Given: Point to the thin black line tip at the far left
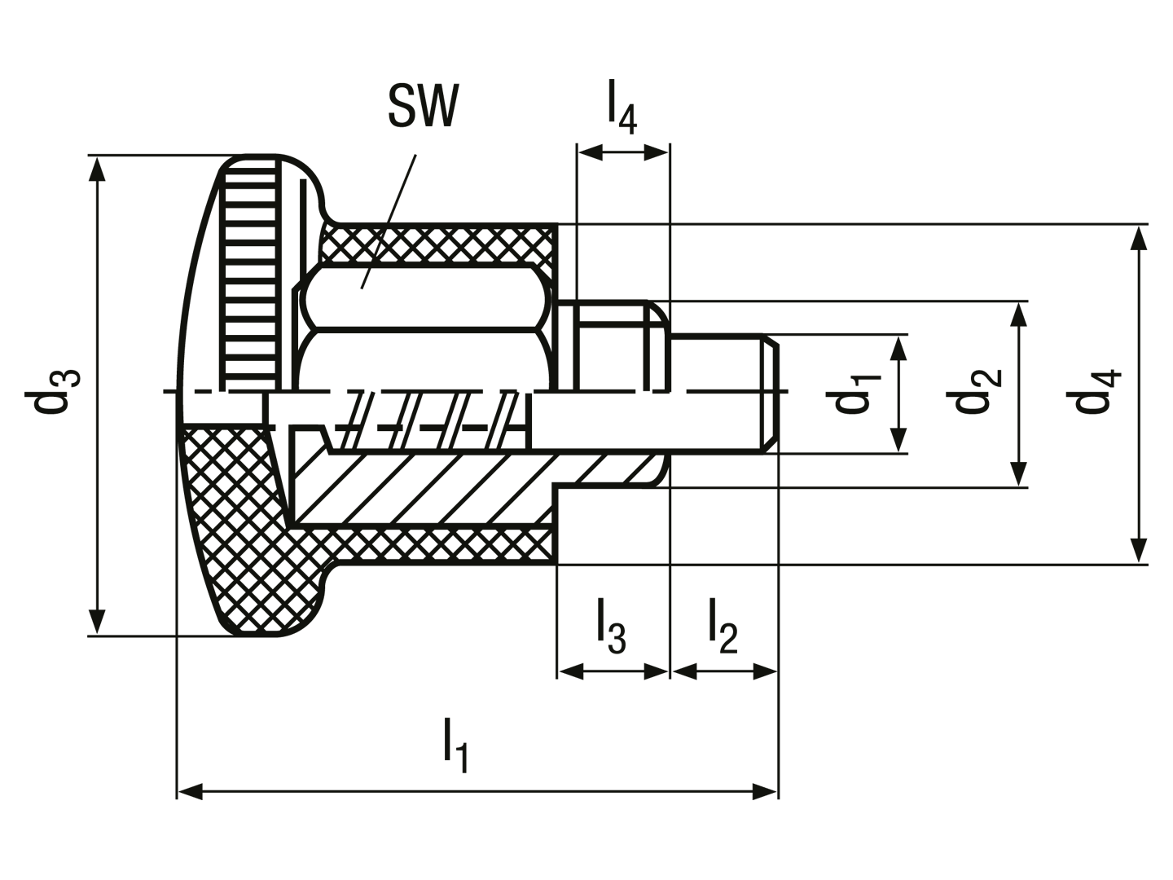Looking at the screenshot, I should [23, 395].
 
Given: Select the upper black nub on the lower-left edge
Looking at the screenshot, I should [88, 609].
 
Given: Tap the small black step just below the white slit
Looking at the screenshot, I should [599, 143].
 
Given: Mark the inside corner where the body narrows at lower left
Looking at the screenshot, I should [170, 639].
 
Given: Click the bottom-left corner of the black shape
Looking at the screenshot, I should [171, 800].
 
